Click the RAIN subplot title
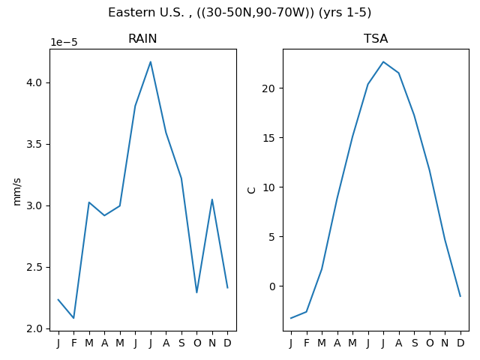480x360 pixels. click(x=142, y=38)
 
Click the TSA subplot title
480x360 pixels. click(x=376, y=38)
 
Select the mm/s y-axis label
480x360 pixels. click(x=17, y=192)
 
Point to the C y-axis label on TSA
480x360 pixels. click(x=251, y=190)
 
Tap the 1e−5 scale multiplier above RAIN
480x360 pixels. click(x=64, y=42)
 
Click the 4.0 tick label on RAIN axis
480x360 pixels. click(x=34, y=82)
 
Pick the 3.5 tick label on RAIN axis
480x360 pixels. click(x=34, y=144)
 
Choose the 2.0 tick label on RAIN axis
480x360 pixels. click(x=34, y=328)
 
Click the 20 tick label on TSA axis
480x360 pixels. click(x=268, y=88)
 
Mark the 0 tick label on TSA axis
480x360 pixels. click(x=272, y=286)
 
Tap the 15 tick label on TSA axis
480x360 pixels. click(x=268, y=138)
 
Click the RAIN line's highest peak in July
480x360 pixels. click(x=150, y=61)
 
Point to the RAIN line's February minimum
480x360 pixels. click(x=73, y=318)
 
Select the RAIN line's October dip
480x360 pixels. click(x=196, y=292)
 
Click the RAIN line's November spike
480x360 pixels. click(x=212, y=199)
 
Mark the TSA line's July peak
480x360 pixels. click(x=383, y=61)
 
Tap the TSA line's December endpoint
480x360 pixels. click(x=460, y=296)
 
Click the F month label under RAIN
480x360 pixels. click(x=73, y=343)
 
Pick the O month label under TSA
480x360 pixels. click(x=430, y=343)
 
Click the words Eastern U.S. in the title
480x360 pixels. click(x=146, y=13)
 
